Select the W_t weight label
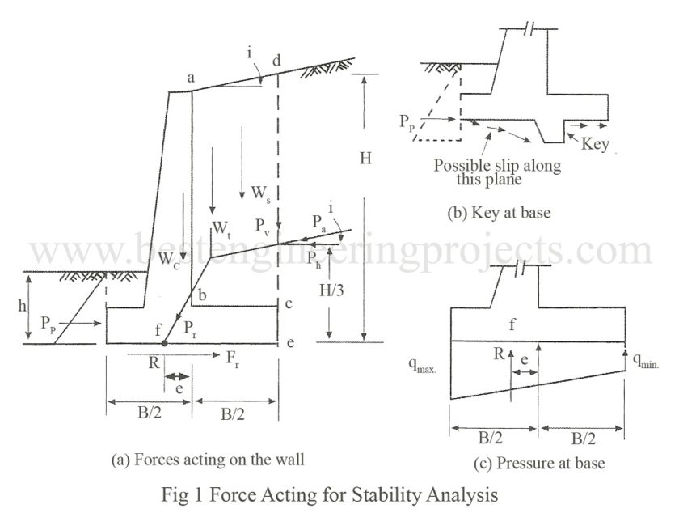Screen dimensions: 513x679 219,229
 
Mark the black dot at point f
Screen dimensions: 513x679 165,343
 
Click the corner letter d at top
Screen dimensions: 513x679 277,59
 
